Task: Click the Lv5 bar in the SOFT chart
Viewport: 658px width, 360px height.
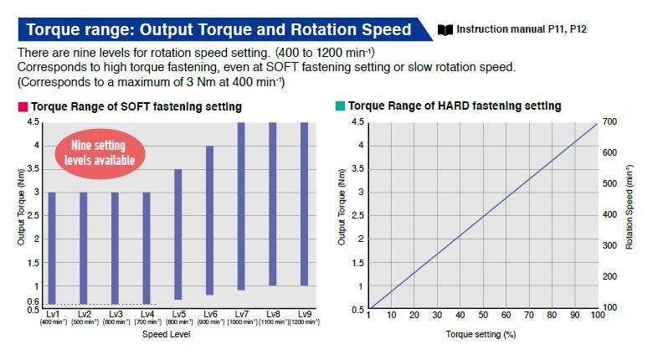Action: (177, 234)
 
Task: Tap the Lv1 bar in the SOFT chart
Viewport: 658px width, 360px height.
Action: (52, 248)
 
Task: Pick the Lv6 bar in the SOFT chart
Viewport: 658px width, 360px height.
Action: (209, 220)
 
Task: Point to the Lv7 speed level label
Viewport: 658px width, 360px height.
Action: (241, 314)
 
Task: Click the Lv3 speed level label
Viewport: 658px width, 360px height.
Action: (116, 314)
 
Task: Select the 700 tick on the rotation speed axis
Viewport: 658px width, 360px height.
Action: (609, 122)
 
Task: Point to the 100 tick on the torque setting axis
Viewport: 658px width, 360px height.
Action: (597, 316)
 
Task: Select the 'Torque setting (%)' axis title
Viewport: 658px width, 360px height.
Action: (481, 334)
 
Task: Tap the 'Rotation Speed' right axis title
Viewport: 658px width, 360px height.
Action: (629, 216)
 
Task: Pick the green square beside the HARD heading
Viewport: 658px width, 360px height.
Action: (340, 106)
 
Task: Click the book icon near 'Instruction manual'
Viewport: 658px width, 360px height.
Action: (445, 30)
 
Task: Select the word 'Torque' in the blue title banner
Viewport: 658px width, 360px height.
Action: (54, 30)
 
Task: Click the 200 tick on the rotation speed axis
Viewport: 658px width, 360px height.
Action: (609, 277)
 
